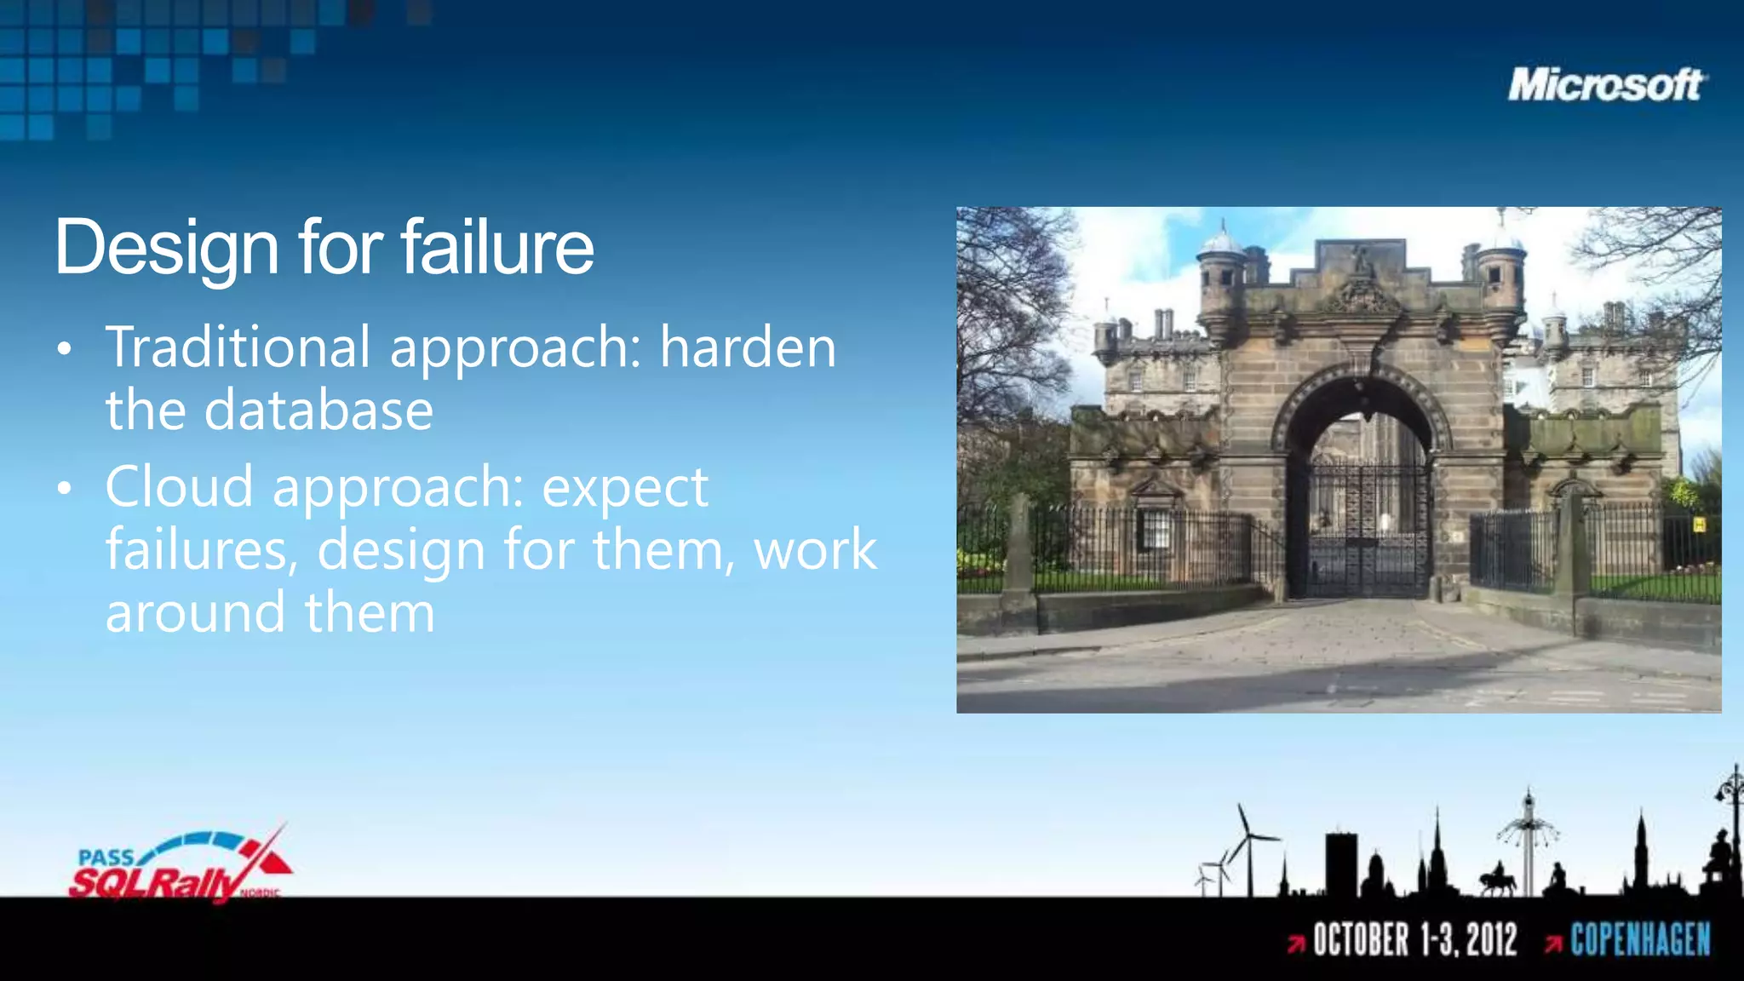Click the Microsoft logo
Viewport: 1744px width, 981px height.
click(1606, 85)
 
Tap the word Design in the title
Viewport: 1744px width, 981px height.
click(167, 248)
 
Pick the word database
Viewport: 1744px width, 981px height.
click(318, 410)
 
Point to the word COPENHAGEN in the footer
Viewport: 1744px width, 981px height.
click(1640, 940)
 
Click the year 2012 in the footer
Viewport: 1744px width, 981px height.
click(1492, 940)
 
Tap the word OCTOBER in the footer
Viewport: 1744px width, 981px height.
click(1361, 940)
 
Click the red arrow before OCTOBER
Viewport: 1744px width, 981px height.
click(1296, 943)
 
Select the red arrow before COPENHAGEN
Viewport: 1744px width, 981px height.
click(1553, 943)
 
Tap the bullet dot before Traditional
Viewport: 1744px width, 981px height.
click(65, 349)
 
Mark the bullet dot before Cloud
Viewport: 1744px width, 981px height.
click(65, 489)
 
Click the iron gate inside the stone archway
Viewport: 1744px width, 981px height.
click(1362, 528)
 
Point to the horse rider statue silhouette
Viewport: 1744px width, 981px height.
click(1496, 879)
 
